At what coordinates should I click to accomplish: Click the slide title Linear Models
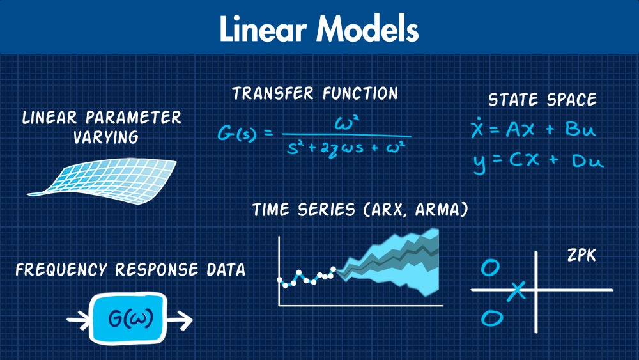coord(319,29)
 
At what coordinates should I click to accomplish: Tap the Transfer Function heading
coord(315,94)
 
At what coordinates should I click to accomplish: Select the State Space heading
coord(542,100)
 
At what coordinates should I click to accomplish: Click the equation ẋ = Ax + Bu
coord(533,130)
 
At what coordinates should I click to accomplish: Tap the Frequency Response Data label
coord(130,270)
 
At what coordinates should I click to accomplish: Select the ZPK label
coord(581,255)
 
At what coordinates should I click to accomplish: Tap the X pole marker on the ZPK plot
coord(518,291)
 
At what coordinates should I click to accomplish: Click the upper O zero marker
coord(490,268)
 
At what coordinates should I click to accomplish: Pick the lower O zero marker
coord(492,317)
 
